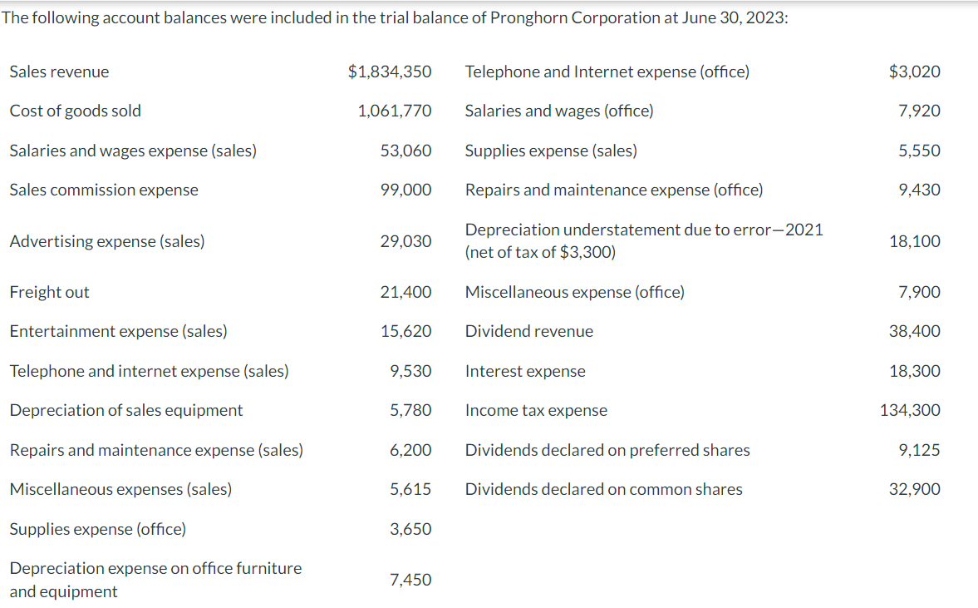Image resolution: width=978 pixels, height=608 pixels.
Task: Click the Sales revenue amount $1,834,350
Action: [x=390, y=72]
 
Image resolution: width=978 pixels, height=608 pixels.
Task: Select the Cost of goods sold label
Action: [x=75, y=111]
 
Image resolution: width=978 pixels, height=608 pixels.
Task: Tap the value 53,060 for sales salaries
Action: [x=405, y=151]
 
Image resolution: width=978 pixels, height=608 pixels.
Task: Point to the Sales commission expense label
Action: [x=104, y=190]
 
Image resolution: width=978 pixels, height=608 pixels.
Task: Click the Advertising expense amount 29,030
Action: [x=405, y=241]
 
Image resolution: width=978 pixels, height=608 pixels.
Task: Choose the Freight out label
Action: [x=49, y=292]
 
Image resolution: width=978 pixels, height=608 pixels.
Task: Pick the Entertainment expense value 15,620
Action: [x=405, y=331]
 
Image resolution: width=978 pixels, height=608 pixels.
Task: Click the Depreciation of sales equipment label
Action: [x=126, y=410]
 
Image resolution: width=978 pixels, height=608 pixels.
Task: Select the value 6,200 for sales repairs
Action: [x=410, y=450]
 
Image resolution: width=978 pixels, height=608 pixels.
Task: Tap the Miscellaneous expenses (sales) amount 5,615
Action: [x=410, y=489]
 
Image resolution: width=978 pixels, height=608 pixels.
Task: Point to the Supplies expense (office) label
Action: [x=97, y=529]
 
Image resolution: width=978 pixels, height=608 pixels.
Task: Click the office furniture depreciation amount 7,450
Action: [x=410, y=580]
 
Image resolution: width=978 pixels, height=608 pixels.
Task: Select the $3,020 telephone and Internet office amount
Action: [x=915, y=72]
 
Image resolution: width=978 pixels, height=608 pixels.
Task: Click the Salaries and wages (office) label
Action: [x=559, y=111]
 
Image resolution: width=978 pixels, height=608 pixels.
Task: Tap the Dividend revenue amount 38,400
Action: [x=915, y=331]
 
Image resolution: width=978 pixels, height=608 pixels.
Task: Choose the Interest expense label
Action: [x=525, y=371]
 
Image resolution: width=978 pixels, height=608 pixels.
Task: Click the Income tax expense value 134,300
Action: [x=911, y=410]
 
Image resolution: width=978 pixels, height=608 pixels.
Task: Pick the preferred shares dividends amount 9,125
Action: [x=920, y=450]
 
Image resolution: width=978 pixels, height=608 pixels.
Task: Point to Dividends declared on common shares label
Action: [x=603, y=489]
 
